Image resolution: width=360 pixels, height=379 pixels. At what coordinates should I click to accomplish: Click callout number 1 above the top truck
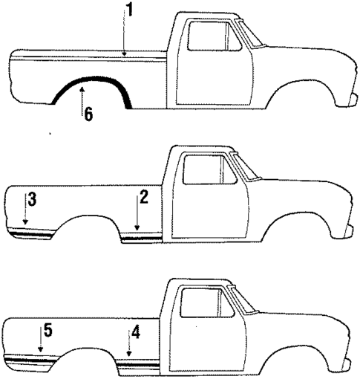129,11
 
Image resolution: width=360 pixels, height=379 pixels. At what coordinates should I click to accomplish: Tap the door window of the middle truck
209,170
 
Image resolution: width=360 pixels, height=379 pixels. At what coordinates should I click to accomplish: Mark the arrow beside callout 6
82,100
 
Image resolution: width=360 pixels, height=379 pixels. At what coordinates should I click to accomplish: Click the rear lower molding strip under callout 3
33,231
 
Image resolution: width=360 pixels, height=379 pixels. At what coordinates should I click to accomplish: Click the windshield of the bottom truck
240,299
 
